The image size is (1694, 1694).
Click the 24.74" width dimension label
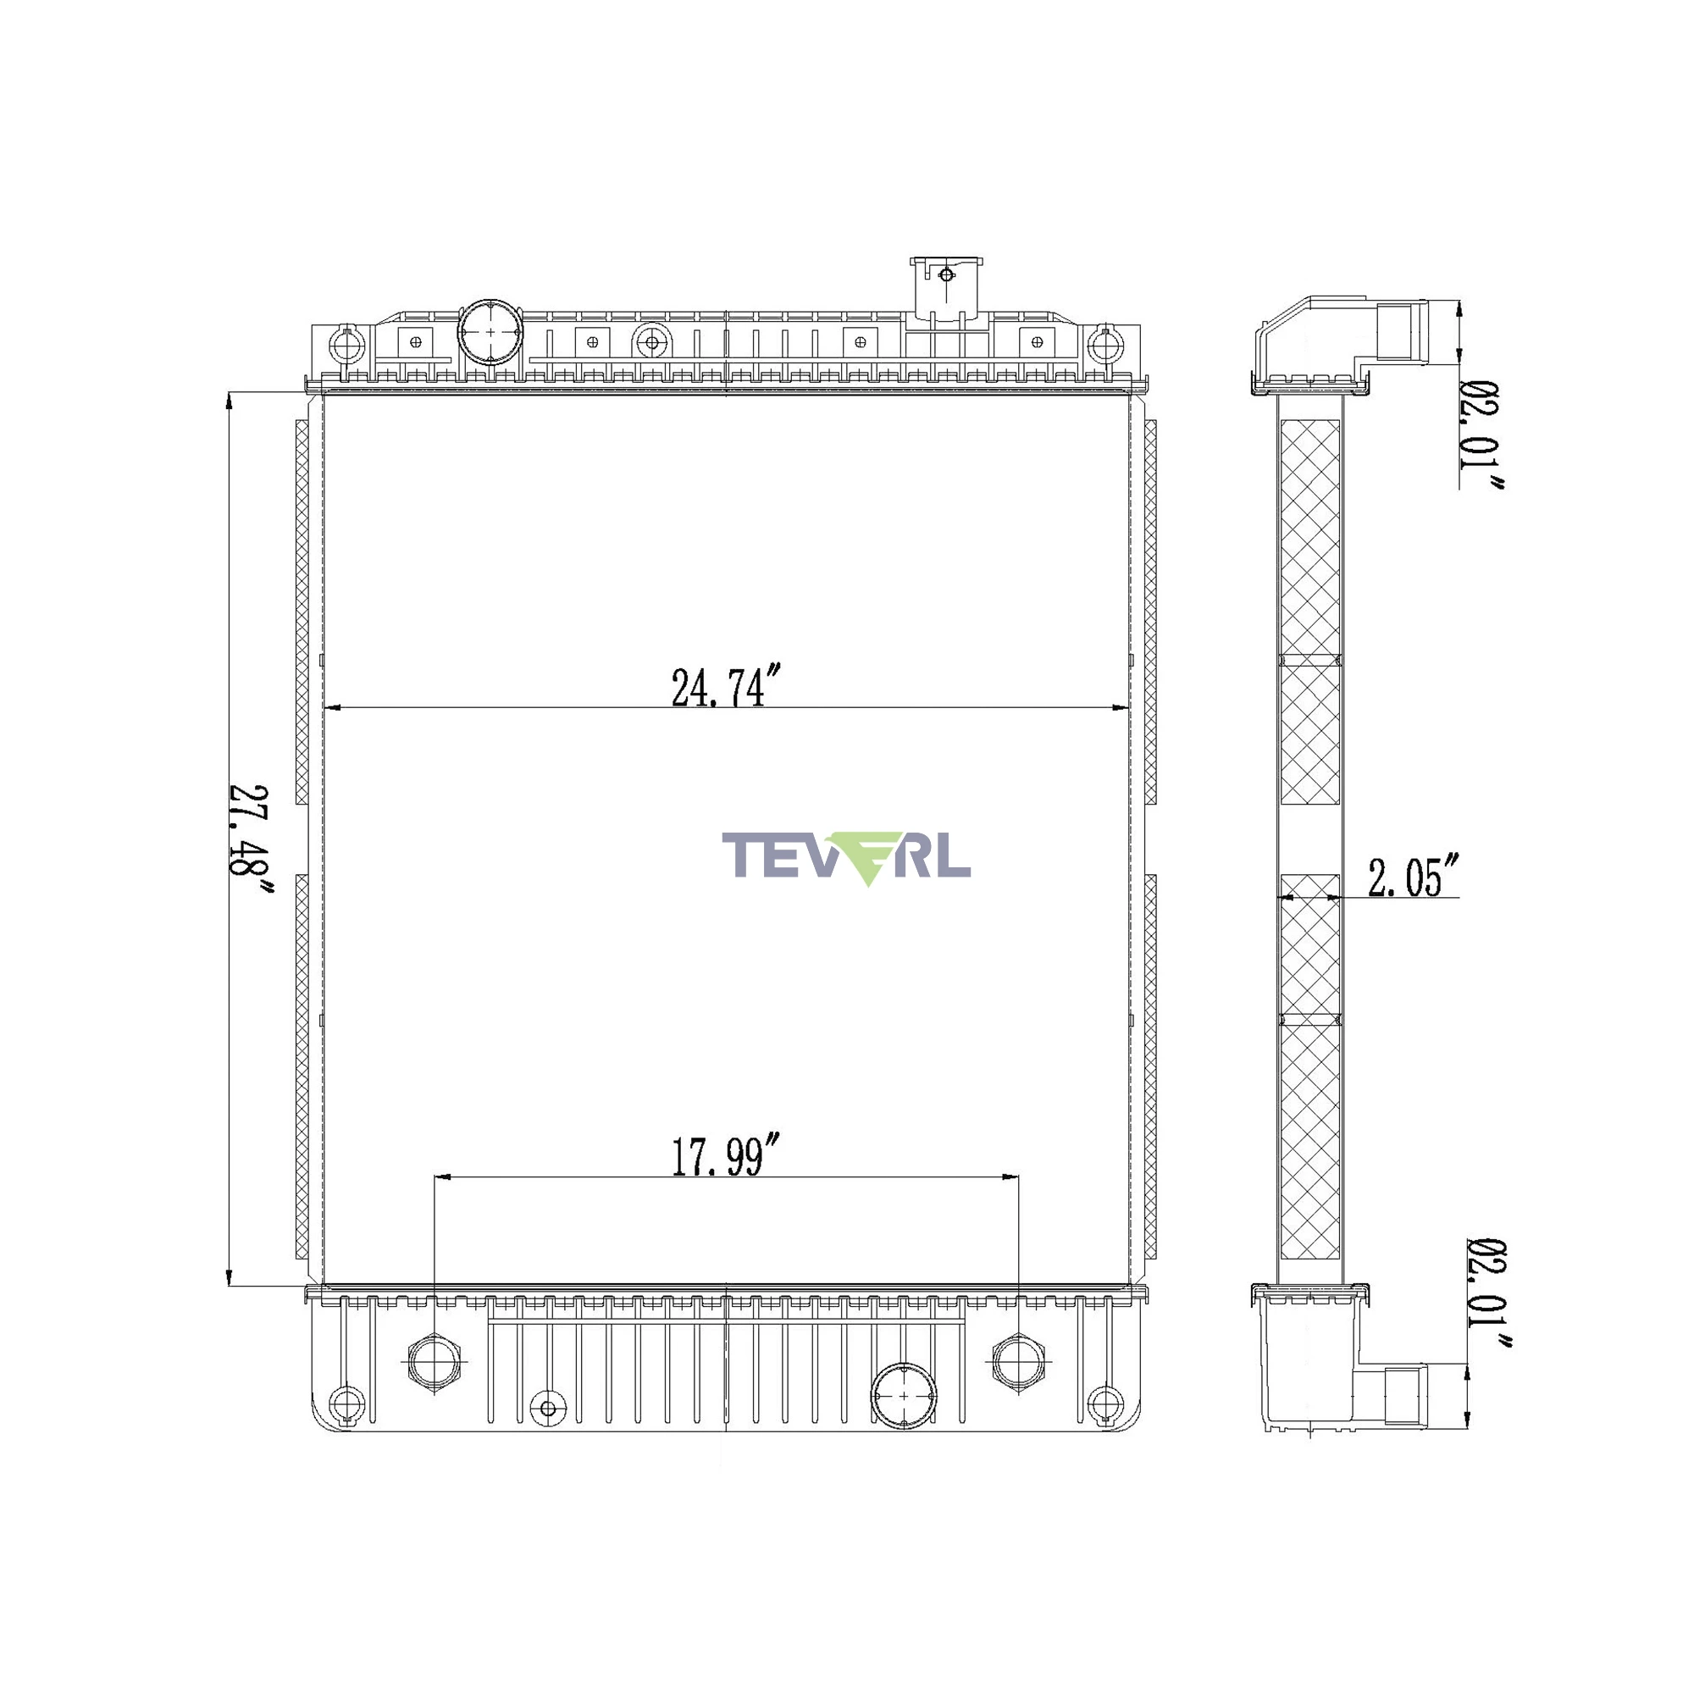pos(725,687)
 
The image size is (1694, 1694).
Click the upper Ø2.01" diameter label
pos(1481,435)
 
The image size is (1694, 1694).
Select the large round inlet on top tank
pos(490,332)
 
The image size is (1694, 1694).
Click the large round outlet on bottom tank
pos(903,1395)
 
